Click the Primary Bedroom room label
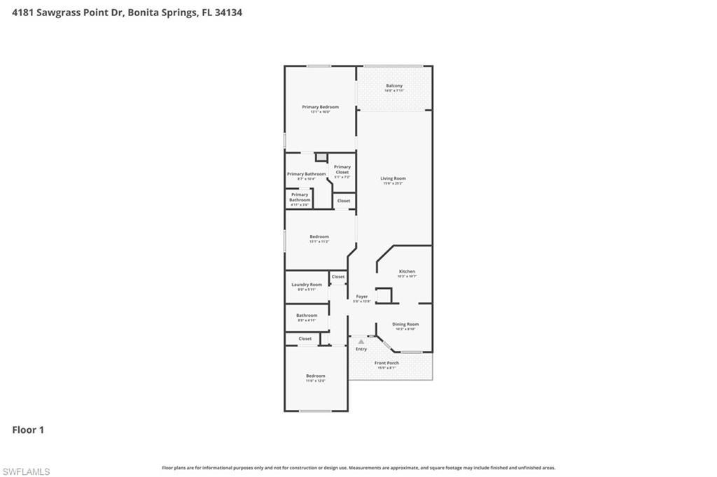click(x=320, y=107)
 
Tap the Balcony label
click(x=394, y=86)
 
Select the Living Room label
click(x=393, y=178)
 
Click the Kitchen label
click(x=407, y=271)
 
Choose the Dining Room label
click(x=405, y=324)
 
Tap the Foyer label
click(x=361, y=297)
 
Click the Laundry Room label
click(x=307, y=285)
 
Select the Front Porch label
click(x=387, y=363)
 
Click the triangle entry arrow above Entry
click(x=361, y=341)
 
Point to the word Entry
click(x=361, y=349)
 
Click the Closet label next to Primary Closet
click(x=343, y=201)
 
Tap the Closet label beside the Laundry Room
click(x=338, y=277)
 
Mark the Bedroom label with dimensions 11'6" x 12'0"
click(x=315, y=376)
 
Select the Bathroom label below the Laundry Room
click(x=307, y=315)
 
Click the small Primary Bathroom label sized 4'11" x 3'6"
click(x=299, y=197)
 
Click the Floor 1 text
click(x=28, y=430)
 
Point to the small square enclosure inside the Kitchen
click(x=383, y=295)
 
